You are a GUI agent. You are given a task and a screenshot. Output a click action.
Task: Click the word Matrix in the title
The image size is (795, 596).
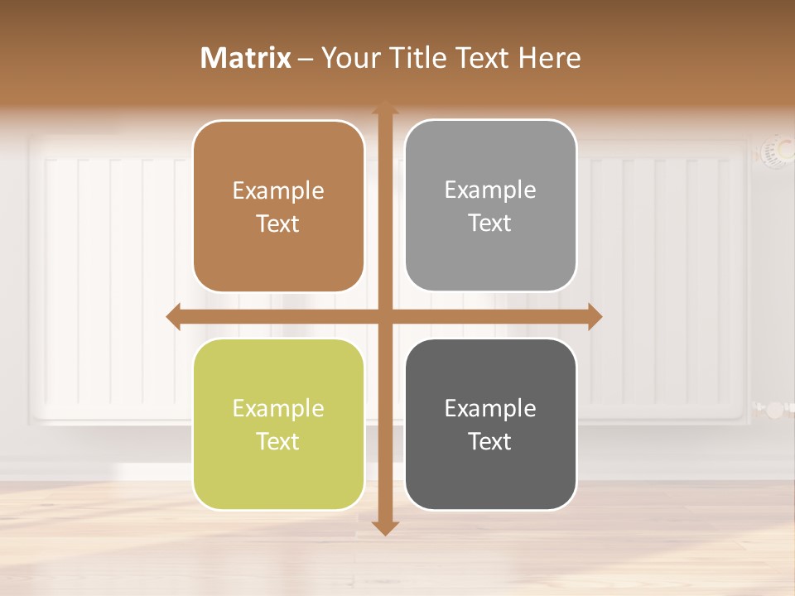[246, 58]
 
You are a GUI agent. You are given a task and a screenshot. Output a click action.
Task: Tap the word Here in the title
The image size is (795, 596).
[549, 58]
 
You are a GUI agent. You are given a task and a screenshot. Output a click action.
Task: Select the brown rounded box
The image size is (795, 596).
[278, 206]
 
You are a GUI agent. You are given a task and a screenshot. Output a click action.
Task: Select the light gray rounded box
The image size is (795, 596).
[490, 205]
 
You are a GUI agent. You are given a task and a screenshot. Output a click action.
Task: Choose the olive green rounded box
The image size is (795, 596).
[278, 424]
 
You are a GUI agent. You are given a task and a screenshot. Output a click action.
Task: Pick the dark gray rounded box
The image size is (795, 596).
[490, 424]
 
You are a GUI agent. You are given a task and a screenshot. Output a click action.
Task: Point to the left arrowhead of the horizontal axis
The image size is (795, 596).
[173, 316]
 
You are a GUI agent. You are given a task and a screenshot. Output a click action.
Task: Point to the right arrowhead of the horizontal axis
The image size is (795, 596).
[595, 316]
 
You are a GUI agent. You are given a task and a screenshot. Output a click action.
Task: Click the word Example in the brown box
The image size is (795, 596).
[278, 191]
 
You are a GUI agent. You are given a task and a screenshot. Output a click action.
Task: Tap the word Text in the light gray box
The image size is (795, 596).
[490, 223]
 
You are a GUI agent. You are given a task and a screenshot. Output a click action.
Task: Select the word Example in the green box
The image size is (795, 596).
[278, 409]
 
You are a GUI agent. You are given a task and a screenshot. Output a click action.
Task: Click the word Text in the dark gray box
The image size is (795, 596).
[490, 441]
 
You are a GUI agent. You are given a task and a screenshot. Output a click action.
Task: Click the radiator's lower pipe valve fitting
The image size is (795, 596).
[773, 408]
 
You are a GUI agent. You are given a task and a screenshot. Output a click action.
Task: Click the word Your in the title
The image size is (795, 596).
[348, 58]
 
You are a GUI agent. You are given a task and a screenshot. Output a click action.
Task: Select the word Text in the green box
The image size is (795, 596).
[278, 441]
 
